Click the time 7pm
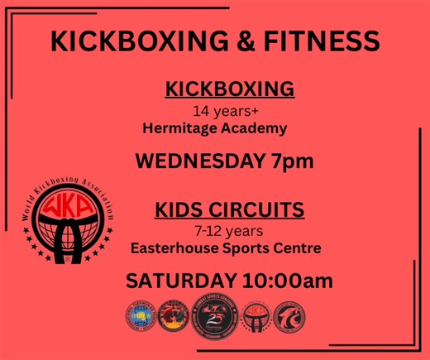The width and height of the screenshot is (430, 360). (x=286, y=161)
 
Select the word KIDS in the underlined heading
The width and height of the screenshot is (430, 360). (x=178, y=210)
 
